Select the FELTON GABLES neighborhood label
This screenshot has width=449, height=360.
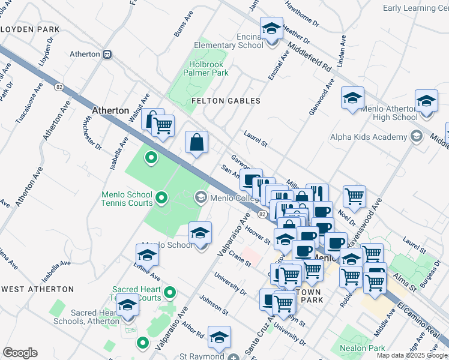(x=226, y=101)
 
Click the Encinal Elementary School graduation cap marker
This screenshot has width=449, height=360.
(x=271, y=28)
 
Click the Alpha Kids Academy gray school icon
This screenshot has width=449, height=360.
(x=415, y=137)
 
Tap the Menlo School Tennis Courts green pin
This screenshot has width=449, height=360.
(x=161, y=197)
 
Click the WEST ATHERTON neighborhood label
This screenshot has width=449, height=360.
(x=37, y=289)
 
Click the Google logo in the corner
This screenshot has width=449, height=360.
(x=20, y=353)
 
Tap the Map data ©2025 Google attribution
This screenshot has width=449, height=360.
(x=412, y=355)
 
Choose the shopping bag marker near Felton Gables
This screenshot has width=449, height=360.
(x=196, y=143)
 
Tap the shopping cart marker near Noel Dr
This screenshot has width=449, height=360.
(x=355, y=195)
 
